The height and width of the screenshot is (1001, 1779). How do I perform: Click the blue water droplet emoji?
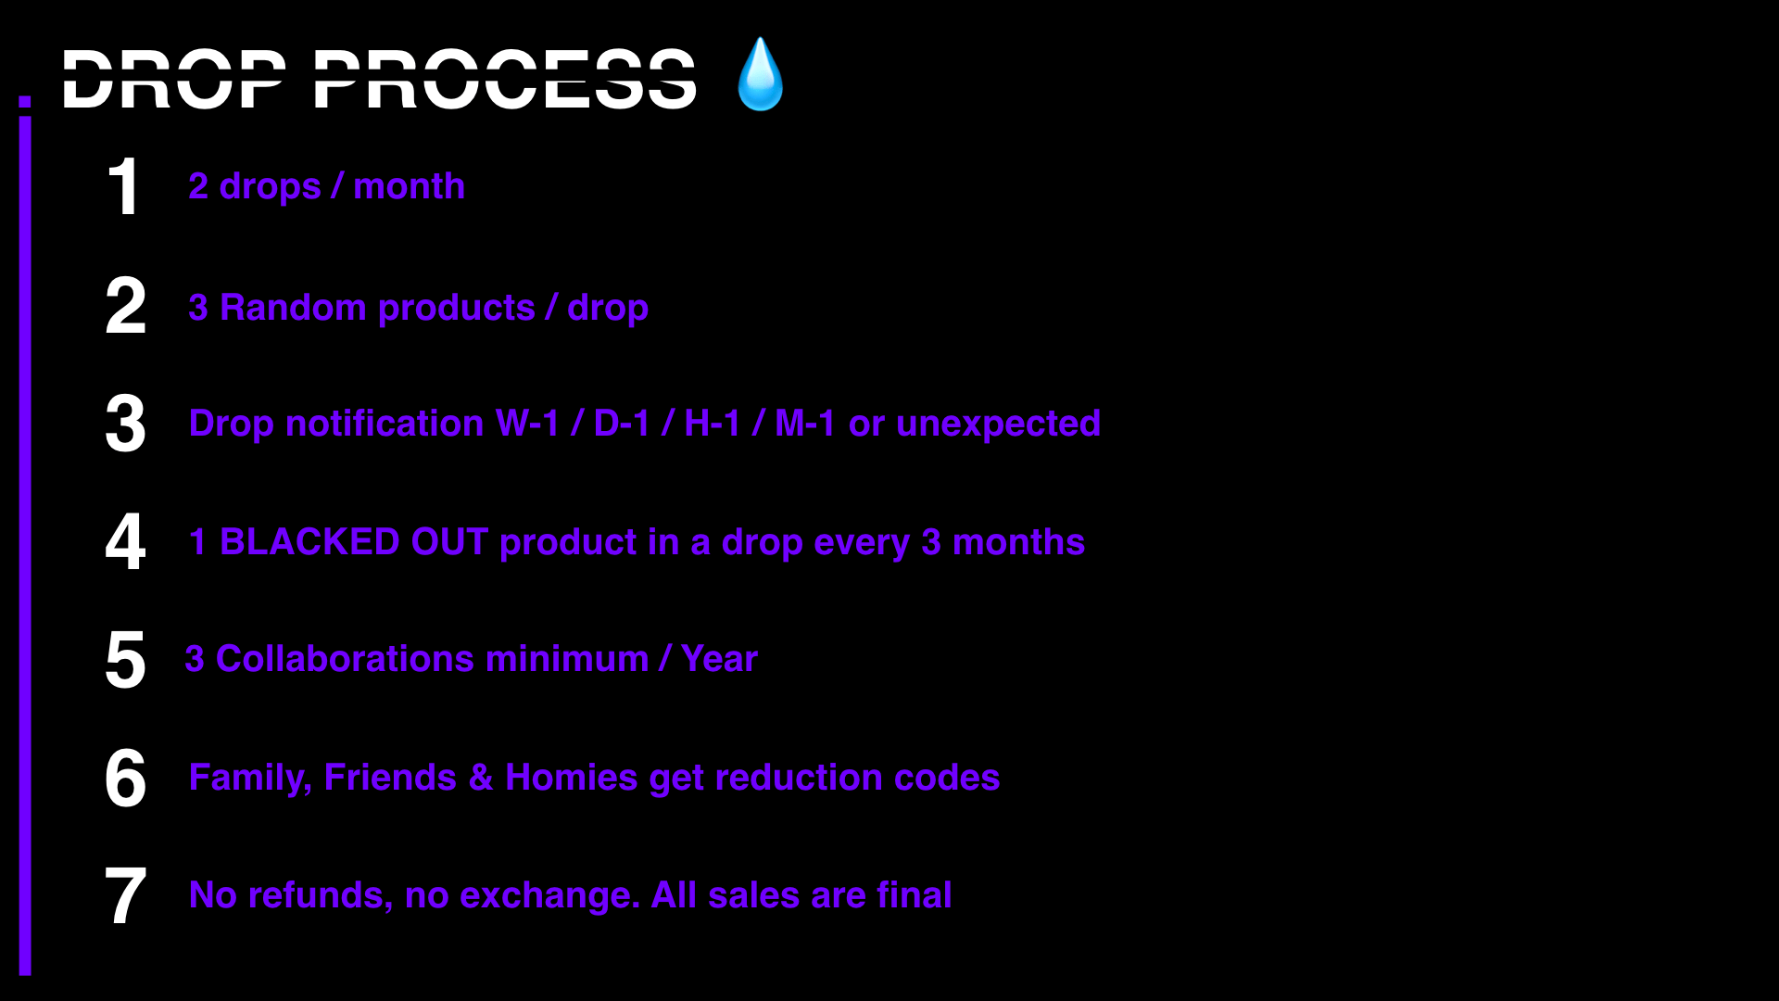760,74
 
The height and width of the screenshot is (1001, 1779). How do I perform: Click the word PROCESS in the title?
505,80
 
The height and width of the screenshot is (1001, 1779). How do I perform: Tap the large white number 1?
124,187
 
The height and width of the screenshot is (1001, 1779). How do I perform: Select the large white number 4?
125,541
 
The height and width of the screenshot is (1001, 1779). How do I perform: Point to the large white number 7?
125,895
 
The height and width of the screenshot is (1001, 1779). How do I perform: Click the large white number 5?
125,660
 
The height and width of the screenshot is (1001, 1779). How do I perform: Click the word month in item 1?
410,186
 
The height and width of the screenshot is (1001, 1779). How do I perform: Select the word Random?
293,308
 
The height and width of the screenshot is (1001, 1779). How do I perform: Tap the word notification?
385,424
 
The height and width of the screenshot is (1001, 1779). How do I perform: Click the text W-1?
528,424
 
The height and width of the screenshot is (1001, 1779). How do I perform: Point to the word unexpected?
998,424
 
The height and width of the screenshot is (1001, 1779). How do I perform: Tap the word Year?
719,659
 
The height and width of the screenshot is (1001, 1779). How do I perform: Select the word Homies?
572,778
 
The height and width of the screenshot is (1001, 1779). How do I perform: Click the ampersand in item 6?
481,778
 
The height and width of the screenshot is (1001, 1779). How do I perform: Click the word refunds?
321,896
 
